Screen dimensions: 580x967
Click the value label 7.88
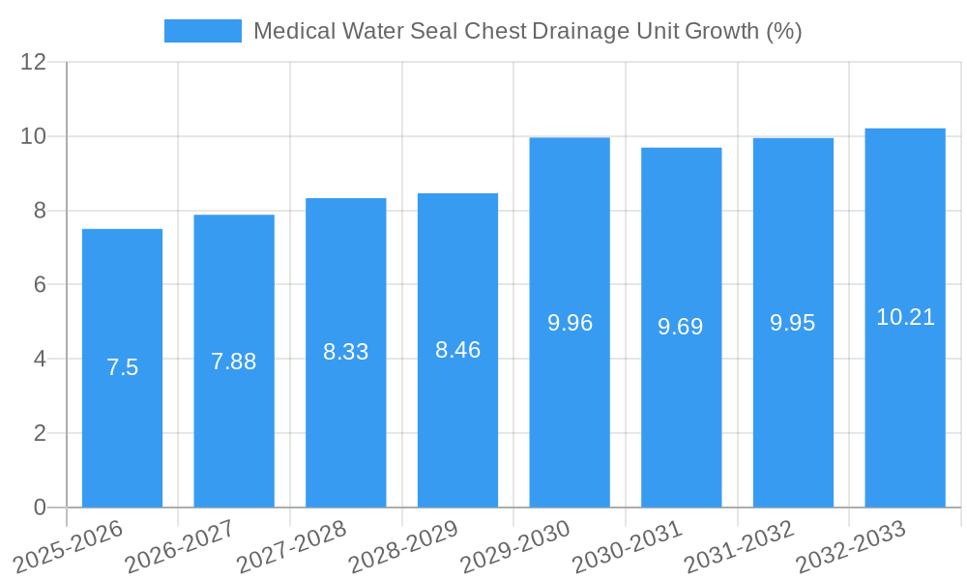[x=234, y=362]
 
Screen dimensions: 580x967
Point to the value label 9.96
[x=570, y=323]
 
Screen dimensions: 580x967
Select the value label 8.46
[x=457, y=350]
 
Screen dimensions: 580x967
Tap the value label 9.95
[x=793, y=323]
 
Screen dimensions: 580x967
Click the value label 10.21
[x=905, y=317]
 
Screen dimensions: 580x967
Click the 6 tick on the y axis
[x=40, y=285]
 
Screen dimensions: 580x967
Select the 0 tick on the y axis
[x=40, y=507]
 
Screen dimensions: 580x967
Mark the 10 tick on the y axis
[x=34, y=136]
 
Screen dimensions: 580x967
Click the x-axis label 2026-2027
[x=180, y=547]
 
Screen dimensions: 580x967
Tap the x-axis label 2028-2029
[x=403, y=547]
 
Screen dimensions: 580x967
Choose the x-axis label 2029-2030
[x=515, y=547]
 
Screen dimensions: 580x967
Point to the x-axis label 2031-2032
[x=739, y=547]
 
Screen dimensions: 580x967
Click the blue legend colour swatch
[x=203, y=31]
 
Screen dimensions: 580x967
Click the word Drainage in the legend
[x=579, y=31]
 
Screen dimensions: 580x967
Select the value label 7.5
[x=122, y=367]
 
